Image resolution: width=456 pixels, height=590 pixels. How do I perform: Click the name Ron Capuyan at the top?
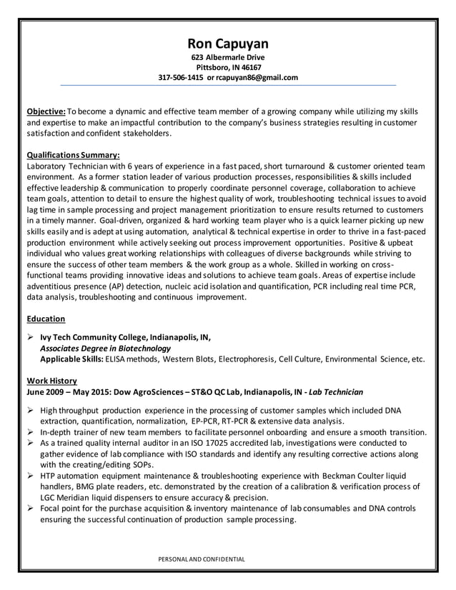(x=227, y=44)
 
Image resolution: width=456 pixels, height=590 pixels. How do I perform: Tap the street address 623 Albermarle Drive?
(x=227, y=57)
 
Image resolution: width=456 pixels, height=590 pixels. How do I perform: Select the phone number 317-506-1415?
(x=180, y=77)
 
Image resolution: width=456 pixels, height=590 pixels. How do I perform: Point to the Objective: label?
(x=46, y=112)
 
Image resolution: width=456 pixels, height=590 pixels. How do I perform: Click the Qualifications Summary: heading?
(x=73, y=154)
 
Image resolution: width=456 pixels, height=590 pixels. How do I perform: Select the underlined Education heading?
(x=46, y=319)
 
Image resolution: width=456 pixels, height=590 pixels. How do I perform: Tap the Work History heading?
(x=51, y=381)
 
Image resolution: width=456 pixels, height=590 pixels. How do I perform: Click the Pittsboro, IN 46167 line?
(x=227, y=67)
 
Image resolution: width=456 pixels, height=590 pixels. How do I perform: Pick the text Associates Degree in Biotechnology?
(x=105, y=349)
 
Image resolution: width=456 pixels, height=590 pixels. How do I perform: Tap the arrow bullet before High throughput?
(x=31, y=411)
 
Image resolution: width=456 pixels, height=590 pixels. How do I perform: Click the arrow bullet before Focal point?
(x=31, y=509)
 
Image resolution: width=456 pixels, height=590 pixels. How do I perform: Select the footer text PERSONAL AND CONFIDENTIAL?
(x=201, y=559)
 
